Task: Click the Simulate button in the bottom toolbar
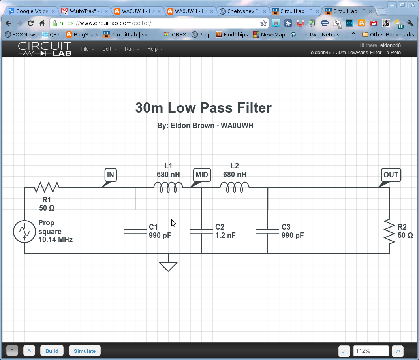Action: point(85,351)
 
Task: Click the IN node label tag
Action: point(111,175)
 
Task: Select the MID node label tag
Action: point(201,175)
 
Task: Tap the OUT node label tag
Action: point(391,175)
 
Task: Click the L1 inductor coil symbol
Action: point(168,187)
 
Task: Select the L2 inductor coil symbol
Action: point(235,187)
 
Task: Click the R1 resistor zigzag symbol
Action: point(47,187)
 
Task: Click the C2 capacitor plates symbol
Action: point(201,231)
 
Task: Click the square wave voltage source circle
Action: point(24,232)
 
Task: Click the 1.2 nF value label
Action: point(225,236)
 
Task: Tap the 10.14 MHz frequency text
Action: point(55,240)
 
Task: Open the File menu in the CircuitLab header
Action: point(87,49)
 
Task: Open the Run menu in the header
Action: point(132,49)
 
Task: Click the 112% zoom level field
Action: point(370,351)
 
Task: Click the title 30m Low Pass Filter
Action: point(203,108)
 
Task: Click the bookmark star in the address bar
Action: point(263,23)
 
